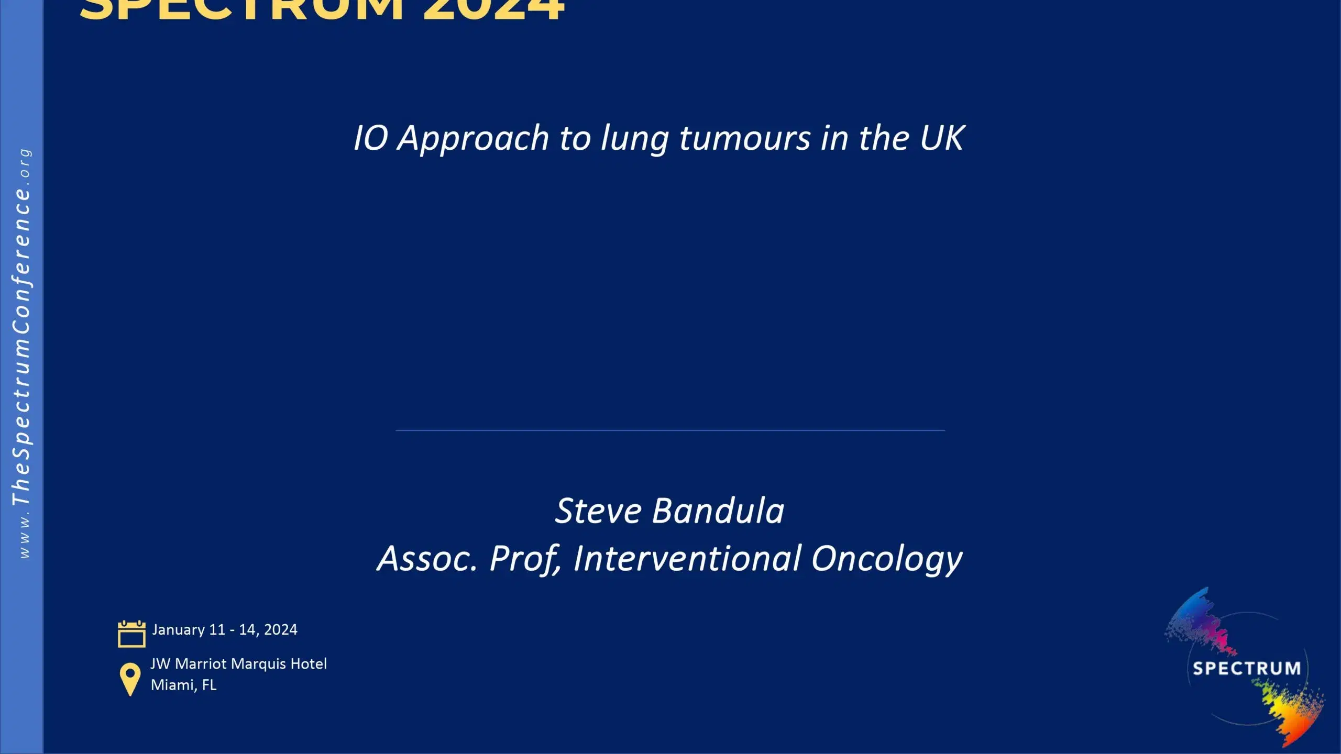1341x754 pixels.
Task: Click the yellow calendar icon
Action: click(131, 634)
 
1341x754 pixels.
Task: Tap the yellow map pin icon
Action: click(130, 679)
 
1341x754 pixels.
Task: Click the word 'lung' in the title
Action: click(634, 139)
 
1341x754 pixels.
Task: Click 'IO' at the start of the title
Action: click(370, 138)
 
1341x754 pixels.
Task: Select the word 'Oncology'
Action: click(886, 559)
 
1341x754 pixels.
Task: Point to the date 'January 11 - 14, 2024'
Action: click(225, 629)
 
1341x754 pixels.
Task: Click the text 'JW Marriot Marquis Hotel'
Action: click(238, 664)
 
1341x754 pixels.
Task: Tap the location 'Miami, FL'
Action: click(183, 685)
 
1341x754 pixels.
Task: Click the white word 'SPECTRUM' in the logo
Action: click(1246, 669)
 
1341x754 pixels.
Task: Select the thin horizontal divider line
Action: click(670, 430)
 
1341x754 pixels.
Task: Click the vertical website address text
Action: click(22, 353)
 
